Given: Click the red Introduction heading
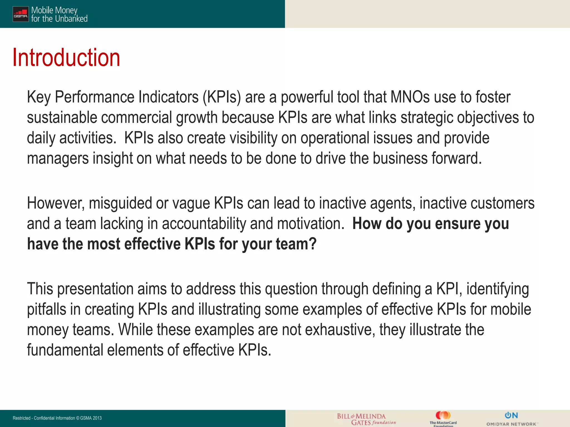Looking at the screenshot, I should pyautogui.click(x=66, y=58).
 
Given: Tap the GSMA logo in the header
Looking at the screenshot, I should pyautogui.click(x=21, y=14).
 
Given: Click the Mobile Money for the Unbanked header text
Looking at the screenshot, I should pyautogui.click(x=59, y=14).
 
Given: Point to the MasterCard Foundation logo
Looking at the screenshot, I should pyautogui.click(x=443, y=419).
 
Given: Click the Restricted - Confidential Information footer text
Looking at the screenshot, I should pyautogui.click(x=57, y=418).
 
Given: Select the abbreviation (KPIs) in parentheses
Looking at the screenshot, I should pyautogui.click(x=222, y=97).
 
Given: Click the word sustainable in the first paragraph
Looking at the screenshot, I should pyautogui.click(x=62, y=117).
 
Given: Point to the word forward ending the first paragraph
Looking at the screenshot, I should pyautogui.click(x=456, y=158).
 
